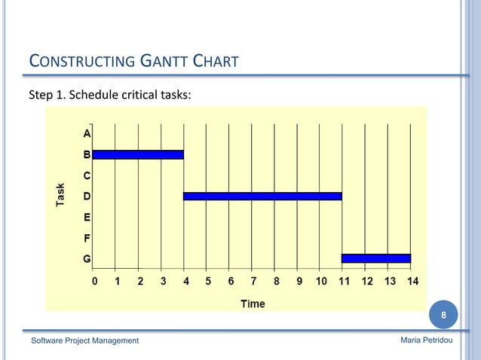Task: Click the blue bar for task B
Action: click(138, 155)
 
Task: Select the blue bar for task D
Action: click(262, 197)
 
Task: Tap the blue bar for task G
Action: click(375, 258)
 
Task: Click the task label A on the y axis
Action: click(87, 134)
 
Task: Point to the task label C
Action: click(87, 175)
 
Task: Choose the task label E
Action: click(87, 218)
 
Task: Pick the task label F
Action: click(87, 238)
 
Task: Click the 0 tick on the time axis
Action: click(93, 282)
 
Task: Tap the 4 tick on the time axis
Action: click(185, 282)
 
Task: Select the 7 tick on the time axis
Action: click(253, 282)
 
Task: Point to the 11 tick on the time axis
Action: click(345, 282)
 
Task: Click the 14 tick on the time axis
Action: click(412, 282)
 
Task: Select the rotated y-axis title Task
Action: click(60, 196)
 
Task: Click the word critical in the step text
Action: click(136, 96)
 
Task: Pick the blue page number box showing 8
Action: click(444, 315)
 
